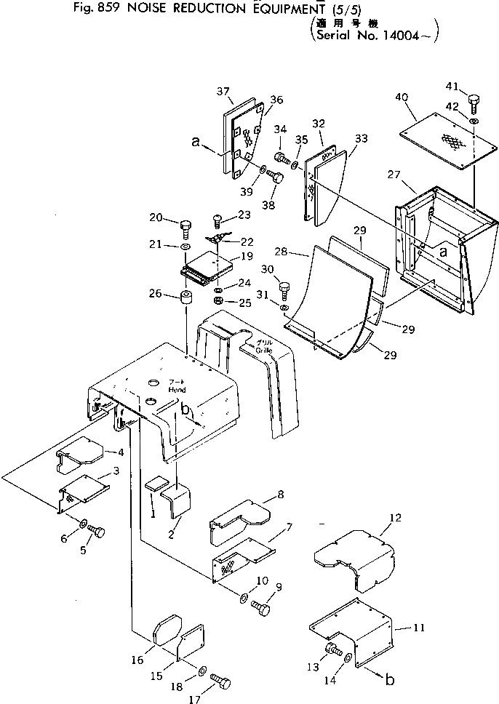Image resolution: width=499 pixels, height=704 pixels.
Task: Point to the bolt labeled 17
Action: point(221,681)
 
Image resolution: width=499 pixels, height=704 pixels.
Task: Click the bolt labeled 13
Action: point(333,649)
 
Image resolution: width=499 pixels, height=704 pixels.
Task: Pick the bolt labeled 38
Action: point(275,175)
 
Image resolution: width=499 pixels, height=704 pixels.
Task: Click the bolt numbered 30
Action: point(284,291)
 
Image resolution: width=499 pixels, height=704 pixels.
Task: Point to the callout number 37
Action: point(223,91)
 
